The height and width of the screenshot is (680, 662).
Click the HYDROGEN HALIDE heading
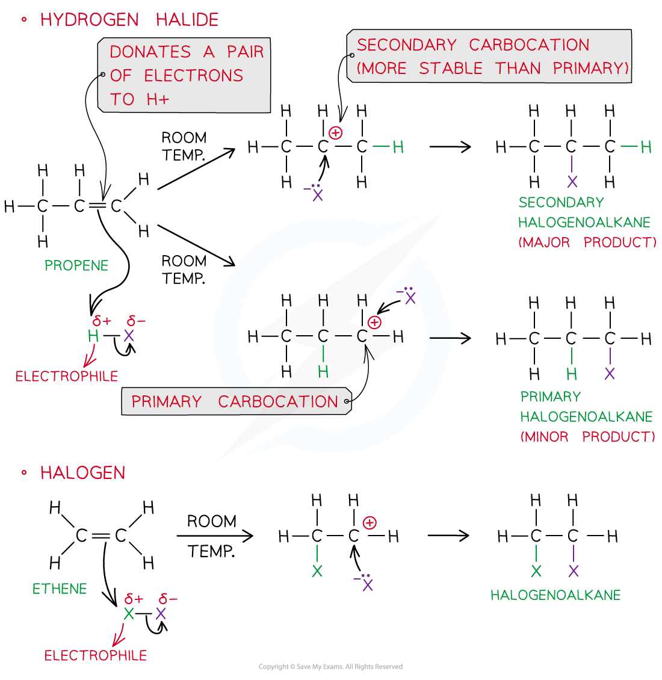[x=129, y=20]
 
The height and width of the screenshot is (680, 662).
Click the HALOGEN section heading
[x=82, y=473]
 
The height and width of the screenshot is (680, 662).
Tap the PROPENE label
[x=76, y=265]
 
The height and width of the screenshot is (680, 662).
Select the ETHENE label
[x=60, y=589]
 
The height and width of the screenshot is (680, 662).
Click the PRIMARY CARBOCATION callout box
[x=235, y=401]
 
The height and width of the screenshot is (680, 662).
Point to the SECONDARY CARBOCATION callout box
[x=489, y=56]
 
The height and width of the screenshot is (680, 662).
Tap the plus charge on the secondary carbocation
[x=335, y=132]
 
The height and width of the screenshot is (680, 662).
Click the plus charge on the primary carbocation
[x=374, y=323]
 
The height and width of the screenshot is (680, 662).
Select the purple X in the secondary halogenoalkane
[x=572, y=182]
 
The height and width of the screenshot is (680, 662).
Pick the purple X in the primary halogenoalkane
[x=610, y=374]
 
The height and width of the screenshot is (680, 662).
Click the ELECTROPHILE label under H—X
[x=67, y=377]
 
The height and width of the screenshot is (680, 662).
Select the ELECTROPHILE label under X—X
[x=96, y=655]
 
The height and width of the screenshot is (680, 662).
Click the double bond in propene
[x=97, y=206]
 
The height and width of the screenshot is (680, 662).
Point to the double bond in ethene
[x=101, y=535]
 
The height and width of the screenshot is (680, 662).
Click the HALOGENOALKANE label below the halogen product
[x=555, y=595]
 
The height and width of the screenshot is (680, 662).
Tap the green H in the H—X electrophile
[x=93, y=336]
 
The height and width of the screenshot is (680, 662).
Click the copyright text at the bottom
[x=330, y=667]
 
